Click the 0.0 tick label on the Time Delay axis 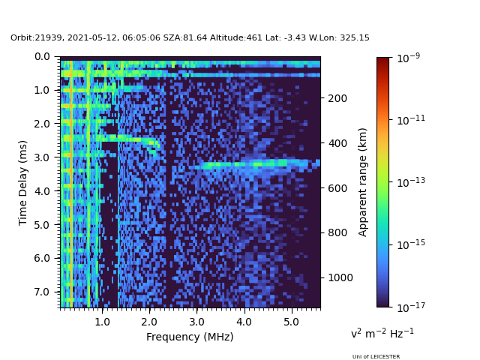pyautogui.click(x=42, y=56)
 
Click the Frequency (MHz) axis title pyautogui.click(x=190, y=337)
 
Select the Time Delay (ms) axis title pyautogui.click(x=23, y=182)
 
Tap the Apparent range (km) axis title pyautogui.click(x=363, y=181)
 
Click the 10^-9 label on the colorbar pyautogui.click(x=408, y=57)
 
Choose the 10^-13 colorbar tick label pyautogui.click(x=409, y=181)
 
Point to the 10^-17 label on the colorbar pyautogui.click(x=409, y=307)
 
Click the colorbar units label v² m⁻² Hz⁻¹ pyautogui.click(x=382, y=333)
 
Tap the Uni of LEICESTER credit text pyautogui.click(x=376, y=356)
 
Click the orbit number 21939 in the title pyautogui.click(x=48, y=37)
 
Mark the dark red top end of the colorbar pyautogui.click(x=383, y=59)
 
